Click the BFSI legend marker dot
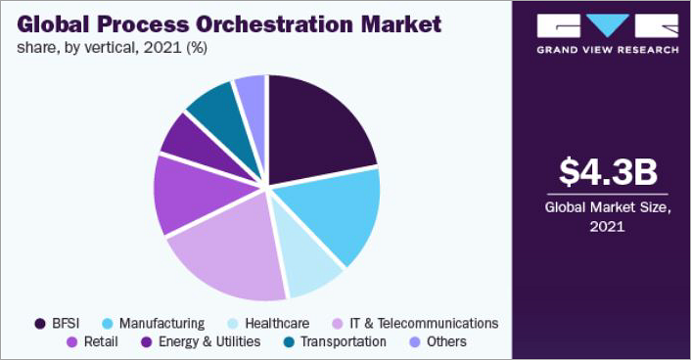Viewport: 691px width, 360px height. (x=40, y=323)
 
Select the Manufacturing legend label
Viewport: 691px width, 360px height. (x=161, y=323)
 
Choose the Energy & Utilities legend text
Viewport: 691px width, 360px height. (x=207, y=341)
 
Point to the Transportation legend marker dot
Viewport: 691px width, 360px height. (x=287, y=341)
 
